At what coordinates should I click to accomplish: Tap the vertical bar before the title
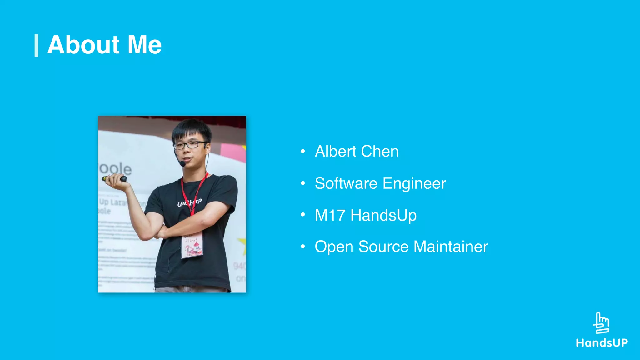(x=36, y=46)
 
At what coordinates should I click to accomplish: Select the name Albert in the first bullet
(x=336, y=152)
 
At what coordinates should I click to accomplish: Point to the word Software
(x=346, y=183)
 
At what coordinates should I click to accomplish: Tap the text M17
(x=330, y=215)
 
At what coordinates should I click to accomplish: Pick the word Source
(x=383, y=247)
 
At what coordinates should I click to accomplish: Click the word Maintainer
(x=451, y=247)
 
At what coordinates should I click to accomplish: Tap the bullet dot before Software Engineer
(x=302, y=183)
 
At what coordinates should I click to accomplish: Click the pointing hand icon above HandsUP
(x=601, y=323)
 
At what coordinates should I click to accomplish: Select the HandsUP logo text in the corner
(x=602, y=343)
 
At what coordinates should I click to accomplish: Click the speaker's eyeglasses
(x=190, y=145)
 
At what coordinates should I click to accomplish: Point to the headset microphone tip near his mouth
(x=182, y=163)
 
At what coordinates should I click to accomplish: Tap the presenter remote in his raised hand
(x=115, y=179)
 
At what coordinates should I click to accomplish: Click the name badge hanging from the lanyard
(x=192, y=246)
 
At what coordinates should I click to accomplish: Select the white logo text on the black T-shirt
(x=189, y=202)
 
